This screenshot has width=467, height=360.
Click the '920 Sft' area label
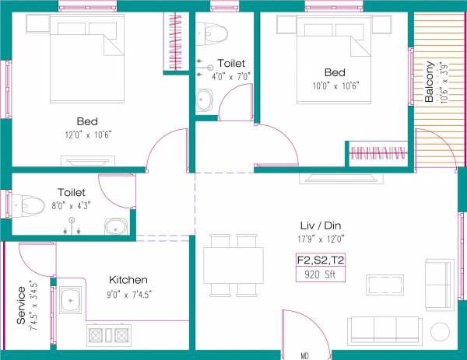pos(320,274)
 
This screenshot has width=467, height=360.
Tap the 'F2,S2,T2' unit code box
pos(320,260)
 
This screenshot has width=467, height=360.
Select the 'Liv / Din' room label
pos(320,225)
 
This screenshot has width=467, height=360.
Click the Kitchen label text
pos(128,280)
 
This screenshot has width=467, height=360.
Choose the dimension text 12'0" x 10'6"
pos(87,135)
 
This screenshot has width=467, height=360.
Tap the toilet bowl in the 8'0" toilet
pos(28,206)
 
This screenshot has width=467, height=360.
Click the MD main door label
pos(305,355)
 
